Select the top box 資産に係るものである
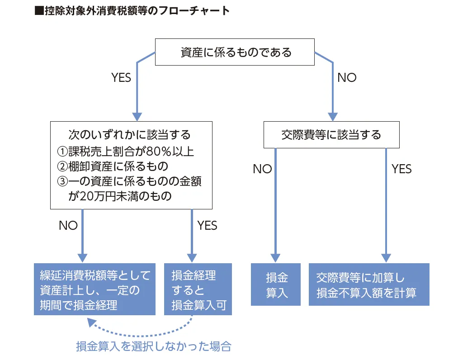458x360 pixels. [x=236, y=52]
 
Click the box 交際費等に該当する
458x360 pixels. [x=331, y=135]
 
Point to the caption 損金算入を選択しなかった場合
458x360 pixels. [x=154, y=347]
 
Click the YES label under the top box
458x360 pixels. [x=121, y=78]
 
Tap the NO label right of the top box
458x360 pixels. [x=347, y=78]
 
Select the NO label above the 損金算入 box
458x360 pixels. [x=262, y=169]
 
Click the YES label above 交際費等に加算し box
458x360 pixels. [x=401, y=169]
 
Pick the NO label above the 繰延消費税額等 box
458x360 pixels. [x=68, y=225]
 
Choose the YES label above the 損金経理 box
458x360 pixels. [x=208, y=225]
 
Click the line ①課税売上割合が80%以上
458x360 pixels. [x=128, y=151]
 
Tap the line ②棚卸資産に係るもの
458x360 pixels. [x=112, y=166]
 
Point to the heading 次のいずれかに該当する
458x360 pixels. [x=129, y=135]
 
